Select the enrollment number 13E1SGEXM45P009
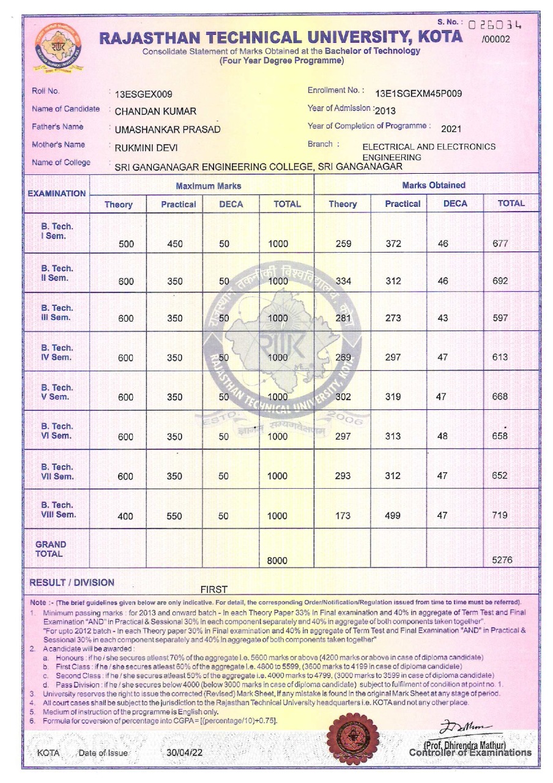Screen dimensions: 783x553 [418, 94]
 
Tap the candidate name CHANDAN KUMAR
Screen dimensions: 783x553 [155, 111]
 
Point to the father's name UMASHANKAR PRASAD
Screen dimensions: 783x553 [168, 130]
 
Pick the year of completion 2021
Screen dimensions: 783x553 [451, 128]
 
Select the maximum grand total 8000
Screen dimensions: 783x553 [278, 560]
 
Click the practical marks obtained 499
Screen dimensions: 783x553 [393, 516]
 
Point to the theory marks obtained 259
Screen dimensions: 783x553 [344, 244]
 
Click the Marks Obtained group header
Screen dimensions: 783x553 [433, 185]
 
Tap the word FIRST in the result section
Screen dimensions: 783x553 [214, 589]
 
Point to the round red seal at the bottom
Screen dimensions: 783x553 [354, 737]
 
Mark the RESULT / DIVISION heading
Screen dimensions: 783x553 [72, 583]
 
